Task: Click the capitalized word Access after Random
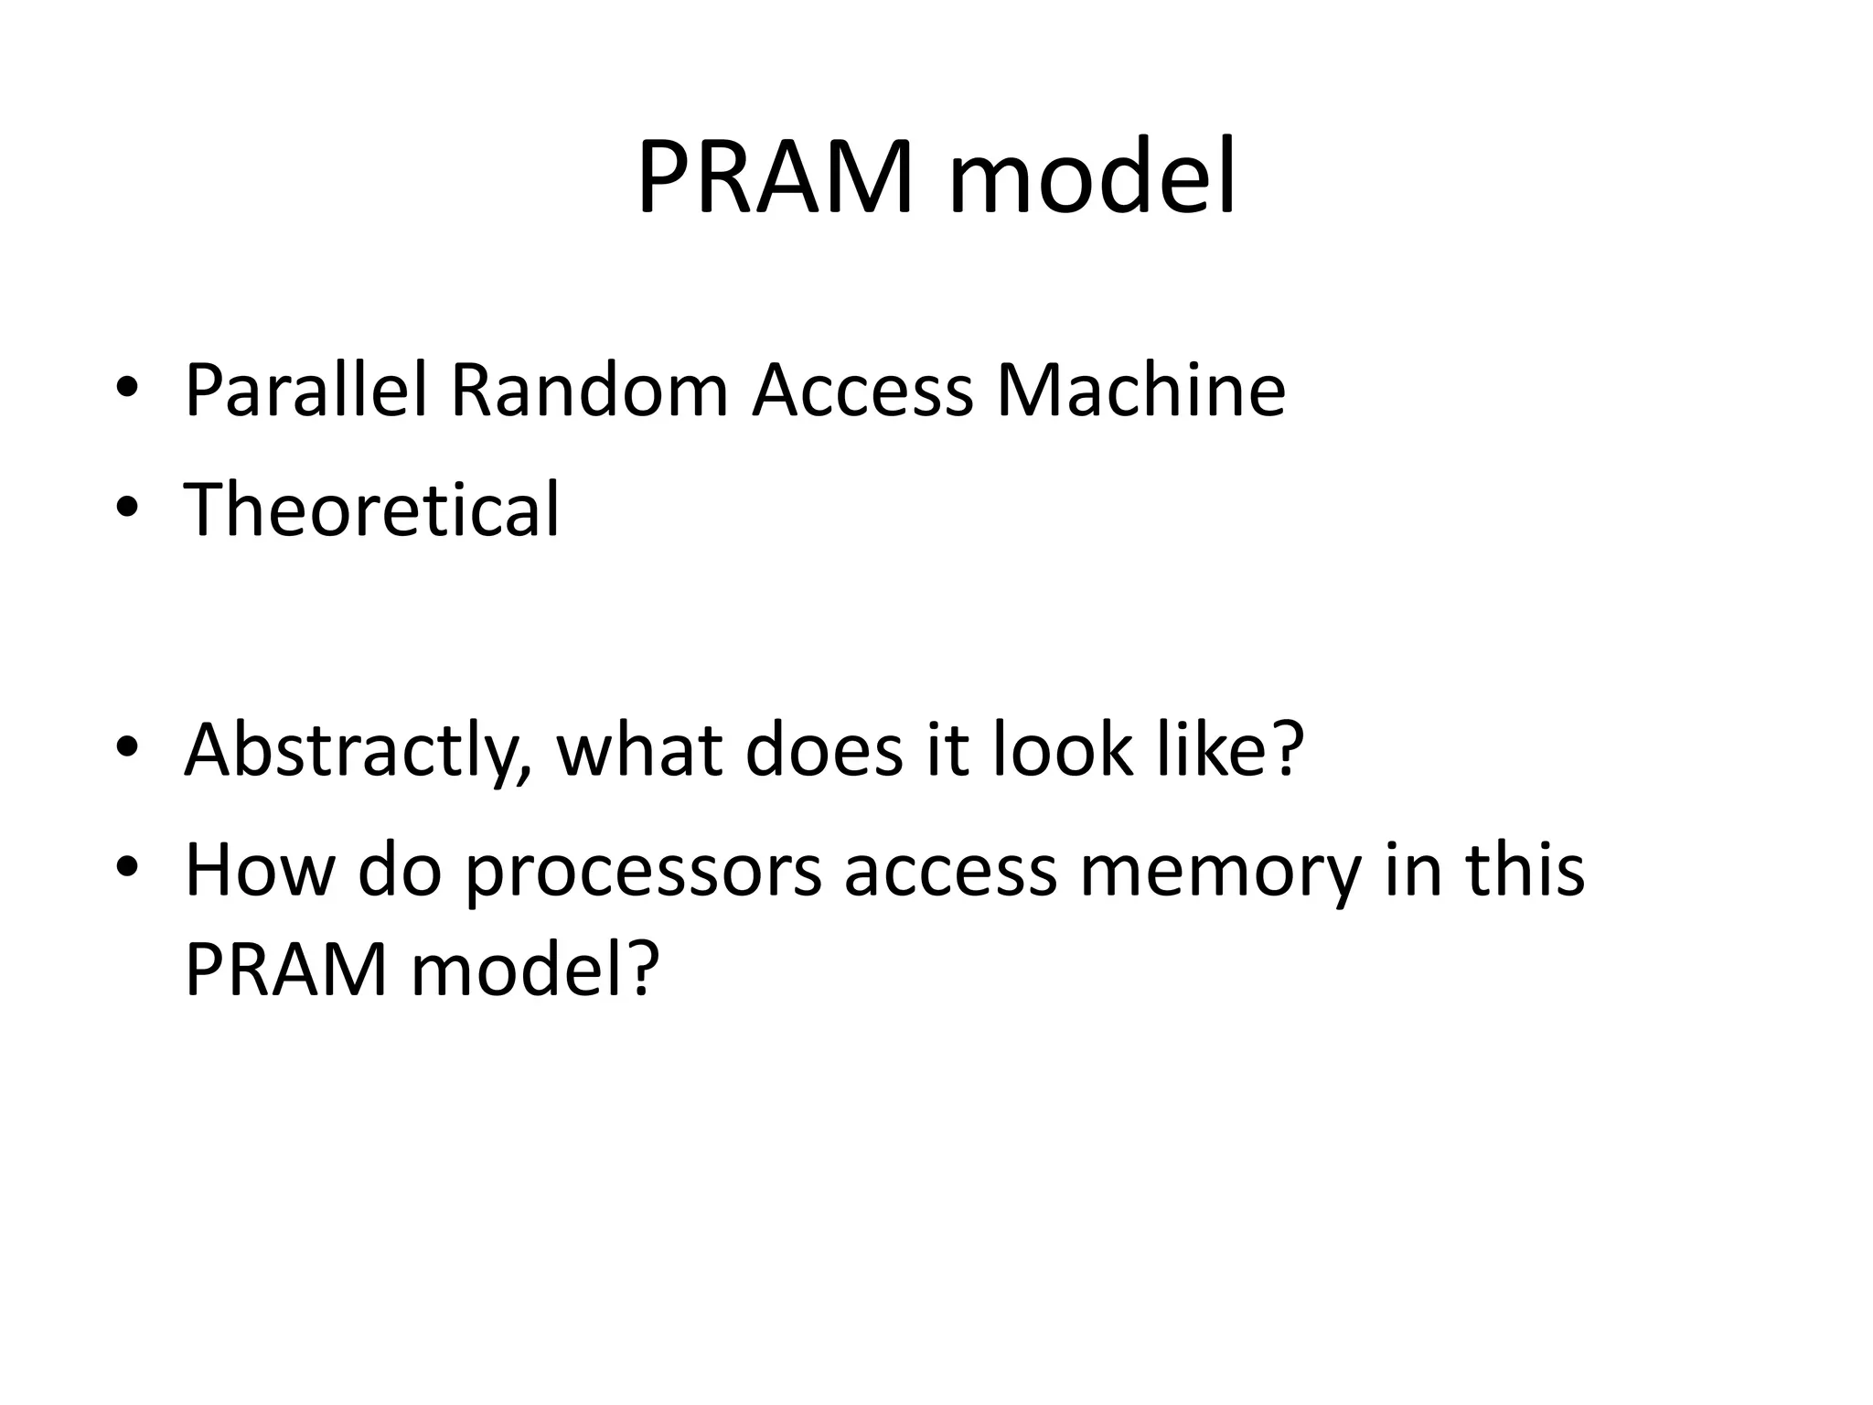pos(862,391)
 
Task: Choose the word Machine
pos(1140,391)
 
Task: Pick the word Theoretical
pos(371,509)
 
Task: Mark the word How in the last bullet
pos(260,870)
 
